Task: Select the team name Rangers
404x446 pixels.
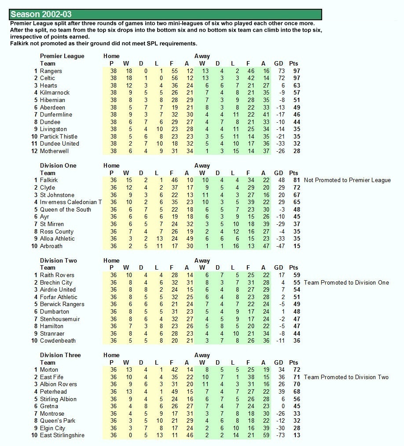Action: coord(51,71)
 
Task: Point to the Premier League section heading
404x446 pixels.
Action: coord(62,56)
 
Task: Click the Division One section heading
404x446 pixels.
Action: coord(58,165)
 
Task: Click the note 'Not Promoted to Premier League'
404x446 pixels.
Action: coord(347,180)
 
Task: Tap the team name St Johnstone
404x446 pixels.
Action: coord(57,195)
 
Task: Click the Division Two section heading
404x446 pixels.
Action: coord(58,260)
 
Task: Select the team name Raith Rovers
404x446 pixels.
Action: coord(57,275)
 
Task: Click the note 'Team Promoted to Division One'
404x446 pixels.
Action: coord(346,282)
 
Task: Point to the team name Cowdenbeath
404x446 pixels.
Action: coord(58,340)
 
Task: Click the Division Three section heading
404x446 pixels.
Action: coord(60,355)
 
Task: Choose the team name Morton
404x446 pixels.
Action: coord(49,369)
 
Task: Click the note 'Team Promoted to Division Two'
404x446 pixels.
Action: coord(346,377)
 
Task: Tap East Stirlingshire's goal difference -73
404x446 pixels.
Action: coord(279,435)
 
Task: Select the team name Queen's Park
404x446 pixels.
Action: coord(58,420)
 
